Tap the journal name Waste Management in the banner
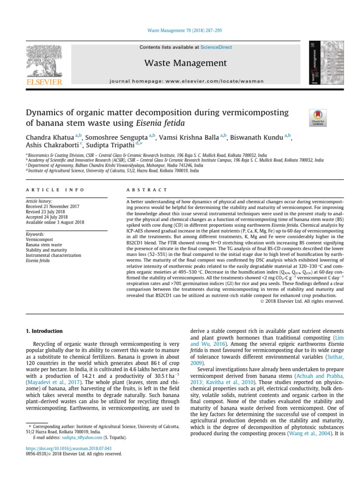pos(186,63)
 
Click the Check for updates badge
pos(317,117)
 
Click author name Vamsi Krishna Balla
pos(189,138)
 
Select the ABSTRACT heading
pos(147,189)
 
